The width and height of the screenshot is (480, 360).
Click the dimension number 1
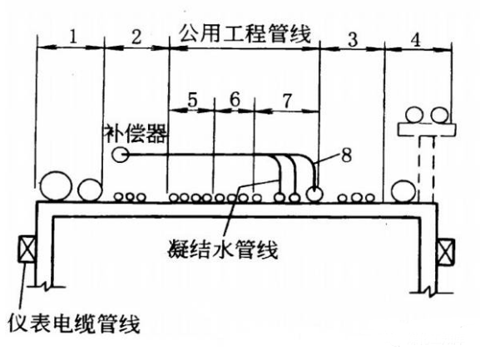pos(72,37)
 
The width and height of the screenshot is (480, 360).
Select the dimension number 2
pos(136,37)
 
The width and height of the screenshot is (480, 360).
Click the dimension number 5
pos(192,99)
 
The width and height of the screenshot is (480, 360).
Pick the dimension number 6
pos(235,99)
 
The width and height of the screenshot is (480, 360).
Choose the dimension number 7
pos(286,99)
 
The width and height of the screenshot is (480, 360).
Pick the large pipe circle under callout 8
pos(315,193)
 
